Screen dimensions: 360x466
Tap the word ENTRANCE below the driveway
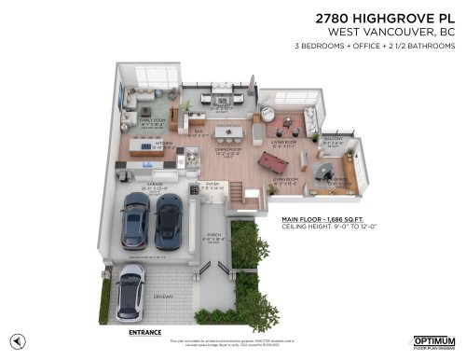[x=145, y=331]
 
